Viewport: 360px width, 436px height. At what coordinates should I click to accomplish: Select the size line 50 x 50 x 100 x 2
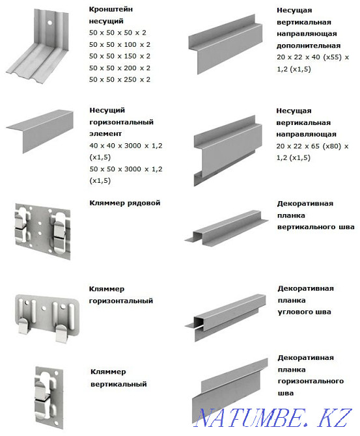(119, 44)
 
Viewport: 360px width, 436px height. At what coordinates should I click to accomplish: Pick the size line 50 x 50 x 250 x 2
(119, 79)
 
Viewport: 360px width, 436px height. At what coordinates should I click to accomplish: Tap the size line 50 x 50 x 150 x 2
(119, 56)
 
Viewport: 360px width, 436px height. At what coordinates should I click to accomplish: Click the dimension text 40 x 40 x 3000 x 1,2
(126, 146)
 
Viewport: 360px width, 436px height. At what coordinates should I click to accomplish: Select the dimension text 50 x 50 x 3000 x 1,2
(126, 169)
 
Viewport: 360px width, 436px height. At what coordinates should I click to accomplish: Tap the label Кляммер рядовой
(124, 203)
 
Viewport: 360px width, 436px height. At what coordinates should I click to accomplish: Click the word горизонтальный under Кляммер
(121, 301)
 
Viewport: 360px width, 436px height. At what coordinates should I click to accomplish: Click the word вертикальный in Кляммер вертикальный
(118, 384)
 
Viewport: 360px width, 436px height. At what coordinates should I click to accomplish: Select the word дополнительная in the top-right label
(308, 46)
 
